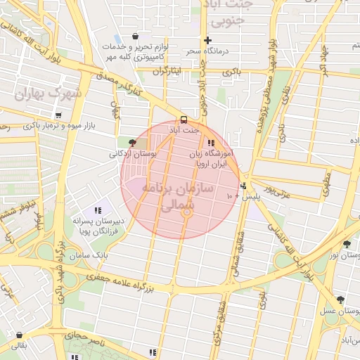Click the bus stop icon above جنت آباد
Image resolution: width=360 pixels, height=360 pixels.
coord(184,120)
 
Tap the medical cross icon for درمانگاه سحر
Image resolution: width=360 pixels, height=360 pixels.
coord(207,40)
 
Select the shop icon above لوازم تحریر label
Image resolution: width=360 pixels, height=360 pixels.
coord(135,37)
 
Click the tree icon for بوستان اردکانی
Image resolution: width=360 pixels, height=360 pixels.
coord(132,142)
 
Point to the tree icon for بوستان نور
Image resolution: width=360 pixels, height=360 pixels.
coord(347,244)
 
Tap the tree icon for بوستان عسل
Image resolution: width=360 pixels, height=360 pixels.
coord(340,300)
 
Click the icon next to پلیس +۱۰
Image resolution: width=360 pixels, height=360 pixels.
coord(243,186)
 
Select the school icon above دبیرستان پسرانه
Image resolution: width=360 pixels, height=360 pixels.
coord(98,210)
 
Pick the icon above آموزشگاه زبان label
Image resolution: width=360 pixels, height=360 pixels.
coord(211,142)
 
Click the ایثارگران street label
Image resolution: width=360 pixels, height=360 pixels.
coord(167,72)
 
